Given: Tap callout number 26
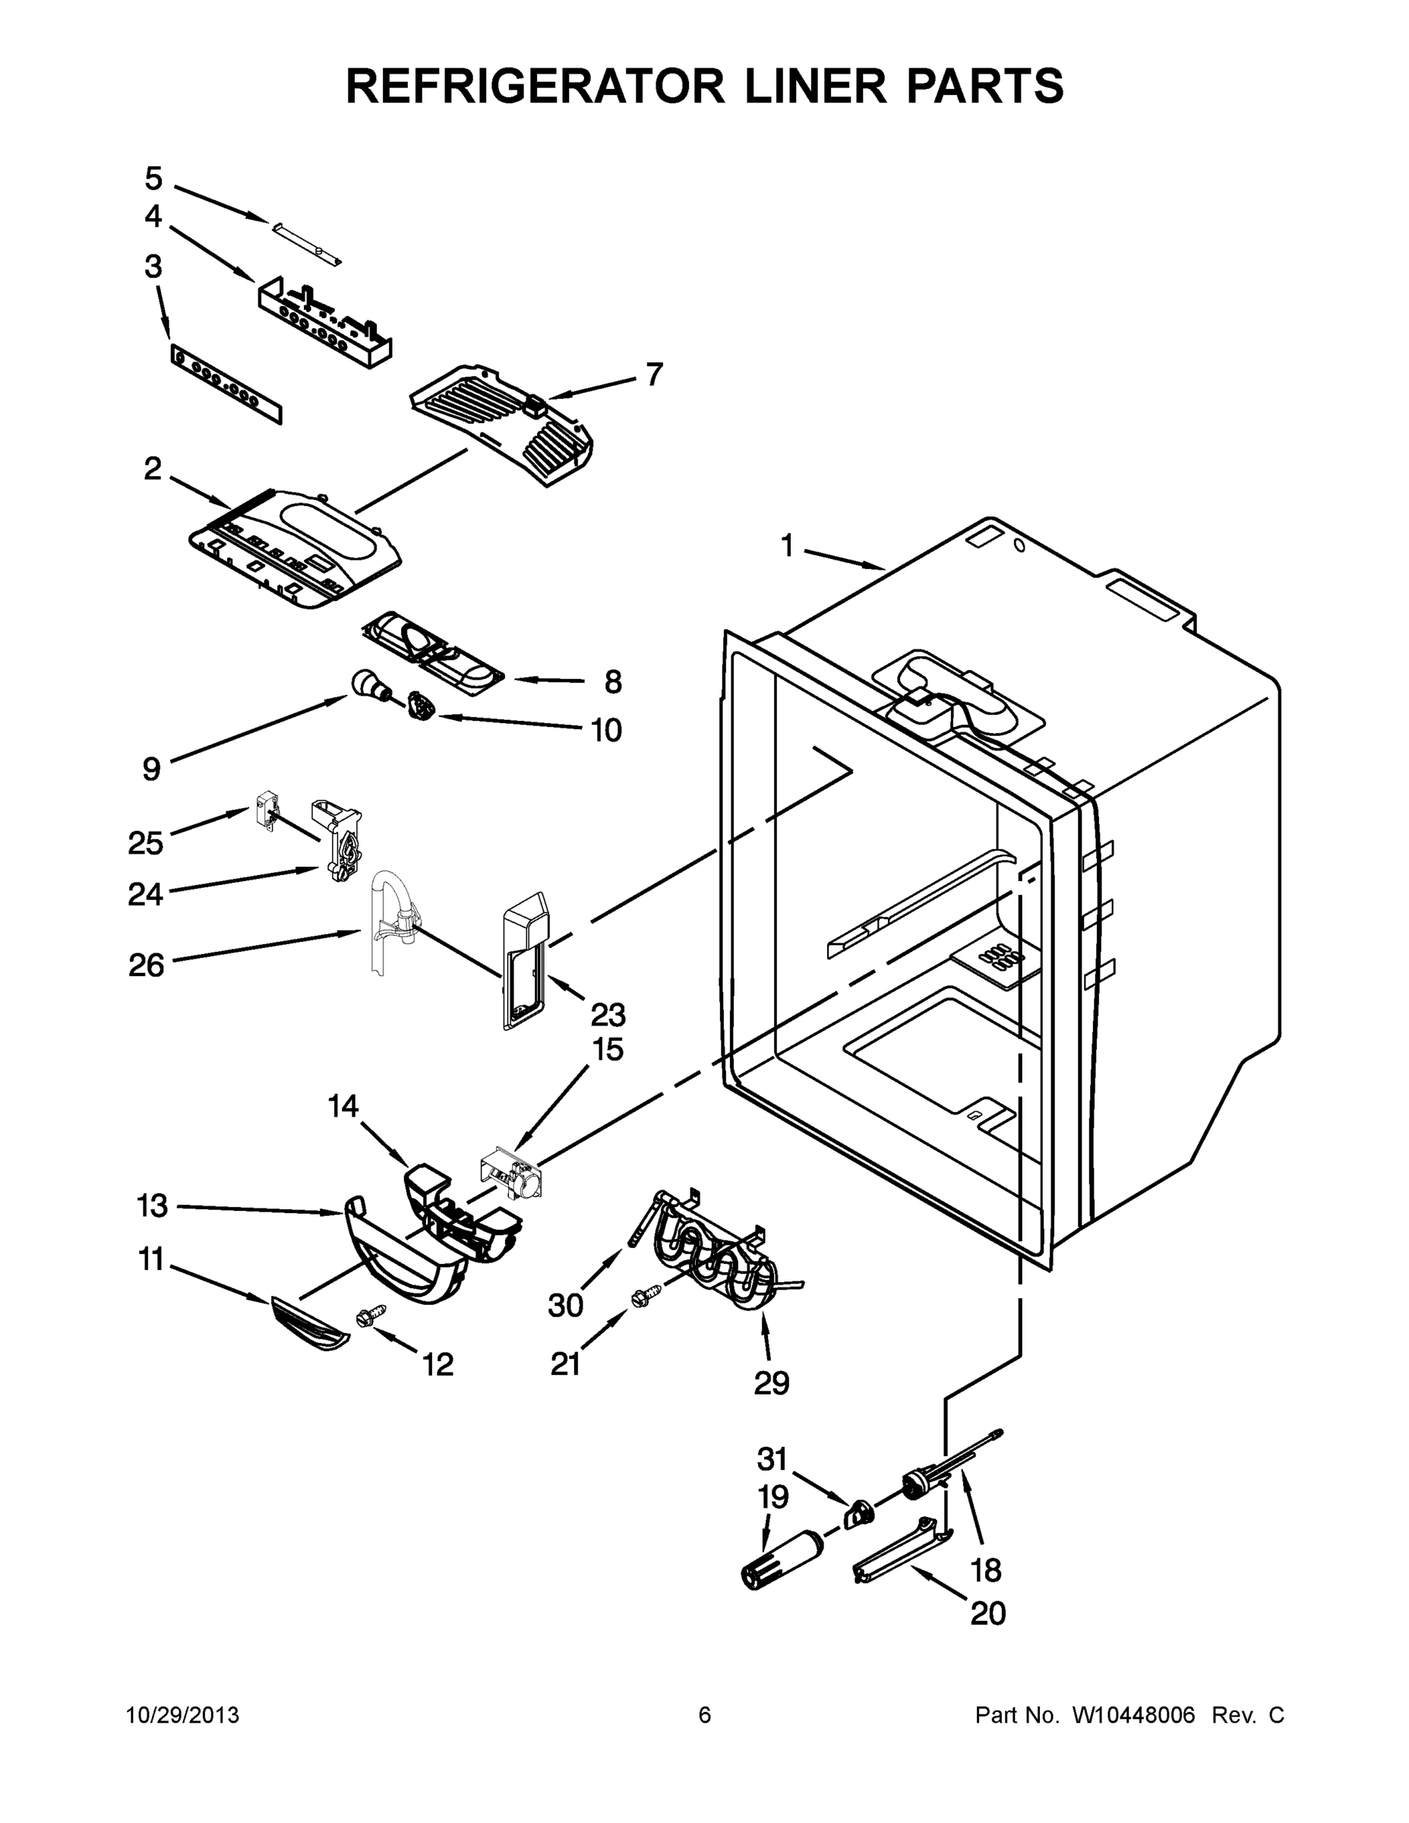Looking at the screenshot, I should tap(147, 965).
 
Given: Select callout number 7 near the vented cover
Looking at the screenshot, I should tap(655, 374).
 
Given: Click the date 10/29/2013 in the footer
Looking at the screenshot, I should tap(183, 1715).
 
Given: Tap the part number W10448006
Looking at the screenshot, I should tap(1133, 1715).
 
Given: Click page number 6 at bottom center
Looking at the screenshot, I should tap(705, 1715).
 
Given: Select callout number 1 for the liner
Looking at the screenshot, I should tap(787, 547).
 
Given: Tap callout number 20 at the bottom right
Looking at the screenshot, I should tap(987, 1613).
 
